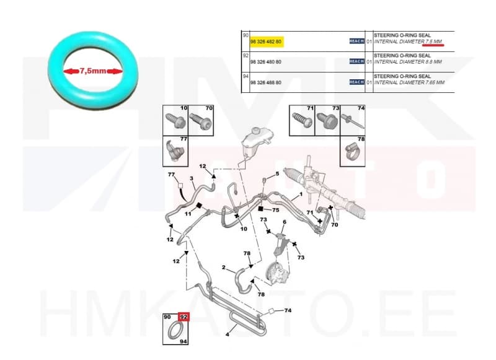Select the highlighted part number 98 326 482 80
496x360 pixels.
click(x=265, y=41)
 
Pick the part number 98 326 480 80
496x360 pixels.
click(x=265, y=61)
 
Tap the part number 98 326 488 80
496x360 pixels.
click(x=265, y=82)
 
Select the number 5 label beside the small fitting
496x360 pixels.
click(x=277, y=174)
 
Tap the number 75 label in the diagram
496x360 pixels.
click(x=275, y=210)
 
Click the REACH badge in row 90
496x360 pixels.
click(x=356, y=41)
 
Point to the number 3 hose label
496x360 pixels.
click(x=192, y=179)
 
